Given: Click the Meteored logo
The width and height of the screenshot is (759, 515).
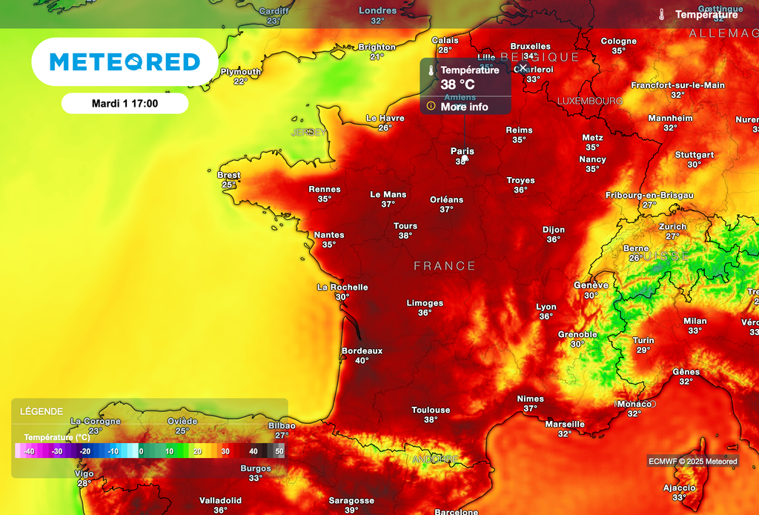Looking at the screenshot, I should (125, 62).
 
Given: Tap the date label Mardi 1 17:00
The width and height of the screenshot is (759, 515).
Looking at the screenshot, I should (125, 104).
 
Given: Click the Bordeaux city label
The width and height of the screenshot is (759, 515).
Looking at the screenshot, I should (362, 350).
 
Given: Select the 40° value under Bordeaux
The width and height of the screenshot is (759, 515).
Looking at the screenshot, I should (362, 361).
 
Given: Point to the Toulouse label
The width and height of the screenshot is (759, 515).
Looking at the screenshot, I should (431, 410).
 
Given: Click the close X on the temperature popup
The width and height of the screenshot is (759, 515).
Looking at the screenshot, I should (523, 67).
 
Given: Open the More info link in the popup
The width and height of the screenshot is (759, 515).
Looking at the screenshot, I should (464, 107).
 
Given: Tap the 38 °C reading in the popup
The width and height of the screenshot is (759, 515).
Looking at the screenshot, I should (457, 84).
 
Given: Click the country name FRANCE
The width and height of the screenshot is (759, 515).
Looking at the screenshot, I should (445, 266).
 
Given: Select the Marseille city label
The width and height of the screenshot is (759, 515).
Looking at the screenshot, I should (565, 424).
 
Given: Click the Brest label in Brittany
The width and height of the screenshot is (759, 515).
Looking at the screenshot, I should (228, 176).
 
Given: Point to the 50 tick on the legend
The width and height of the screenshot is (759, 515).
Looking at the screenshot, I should (279, 451).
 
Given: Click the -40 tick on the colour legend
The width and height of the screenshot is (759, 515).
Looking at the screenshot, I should (29, 451).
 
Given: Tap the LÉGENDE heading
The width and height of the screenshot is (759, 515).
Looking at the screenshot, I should (42, 411).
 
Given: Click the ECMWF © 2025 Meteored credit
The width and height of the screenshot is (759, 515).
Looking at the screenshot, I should (693, 462).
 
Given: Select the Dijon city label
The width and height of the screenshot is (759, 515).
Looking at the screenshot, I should (553, 230).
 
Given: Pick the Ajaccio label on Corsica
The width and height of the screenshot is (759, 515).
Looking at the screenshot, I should (678, 488).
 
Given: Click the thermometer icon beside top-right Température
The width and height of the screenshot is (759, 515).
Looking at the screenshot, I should (661, 15).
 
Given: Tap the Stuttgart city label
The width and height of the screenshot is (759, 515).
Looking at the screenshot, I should (695, 155).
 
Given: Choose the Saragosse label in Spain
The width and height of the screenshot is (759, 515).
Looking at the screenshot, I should (351, 500).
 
